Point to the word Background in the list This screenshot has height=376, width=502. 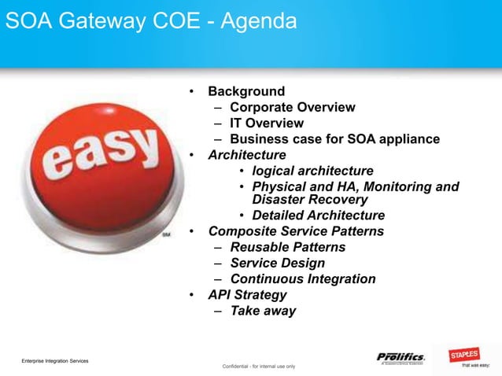click(246, 92)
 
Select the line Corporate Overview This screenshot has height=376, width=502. click(292, 108)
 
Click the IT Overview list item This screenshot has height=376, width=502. click(266, 123)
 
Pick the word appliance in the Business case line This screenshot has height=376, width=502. click(404, 139)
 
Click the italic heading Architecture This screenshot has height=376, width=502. click(247, 155)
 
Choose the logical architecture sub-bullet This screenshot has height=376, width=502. click(312, 171)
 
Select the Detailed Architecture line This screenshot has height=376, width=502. click(318, 216)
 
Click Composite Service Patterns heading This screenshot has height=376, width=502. click(296, 231)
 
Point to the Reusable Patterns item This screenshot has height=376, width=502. click(287, 247)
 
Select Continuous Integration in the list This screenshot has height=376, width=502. click(302, 278)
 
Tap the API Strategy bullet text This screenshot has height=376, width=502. click(247, 295)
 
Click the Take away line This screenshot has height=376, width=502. click(263, 311)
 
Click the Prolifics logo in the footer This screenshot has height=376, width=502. click(400, 358)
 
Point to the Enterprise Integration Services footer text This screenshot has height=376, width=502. click(55, 360)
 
